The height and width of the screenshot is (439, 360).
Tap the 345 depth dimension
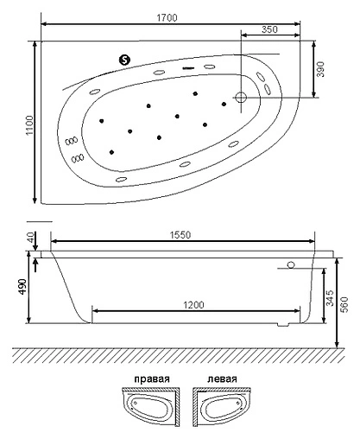point(329,300)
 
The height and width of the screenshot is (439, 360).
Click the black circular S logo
point(124,60)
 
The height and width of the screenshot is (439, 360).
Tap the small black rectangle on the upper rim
point(187,66)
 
